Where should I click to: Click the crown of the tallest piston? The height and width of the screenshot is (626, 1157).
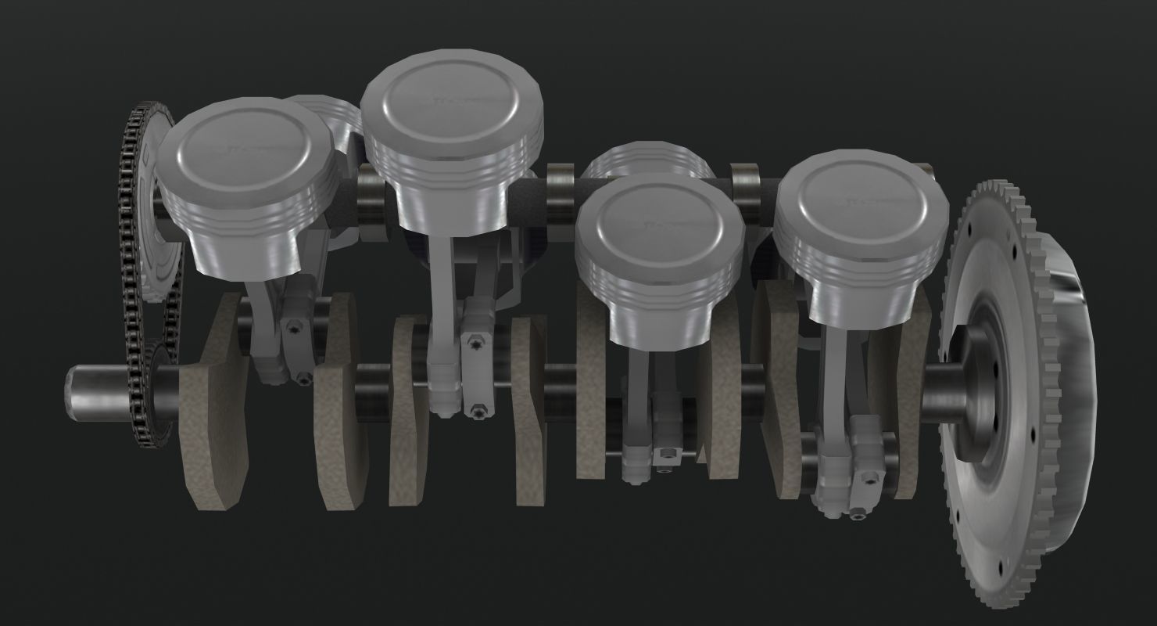pos(452,102)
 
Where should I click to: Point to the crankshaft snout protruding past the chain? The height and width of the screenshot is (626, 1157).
pos(90,389)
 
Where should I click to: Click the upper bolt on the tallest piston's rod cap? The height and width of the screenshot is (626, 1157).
pos(476,343)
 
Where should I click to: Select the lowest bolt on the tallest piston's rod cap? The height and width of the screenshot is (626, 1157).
pos(476,408)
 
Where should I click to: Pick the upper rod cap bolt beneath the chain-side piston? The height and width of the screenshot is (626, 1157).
pos(293,325)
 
